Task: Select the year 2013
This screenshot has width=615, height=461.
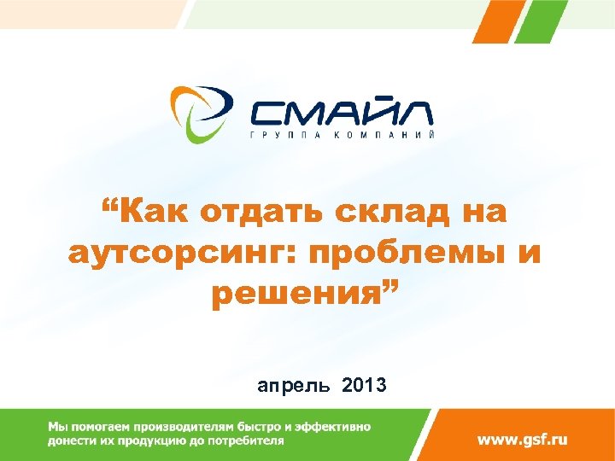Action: pyautogui.click(x=364, y=386)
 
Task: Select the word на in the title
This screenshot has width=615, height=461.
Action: pyautogui.click(x=484, y=212)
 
